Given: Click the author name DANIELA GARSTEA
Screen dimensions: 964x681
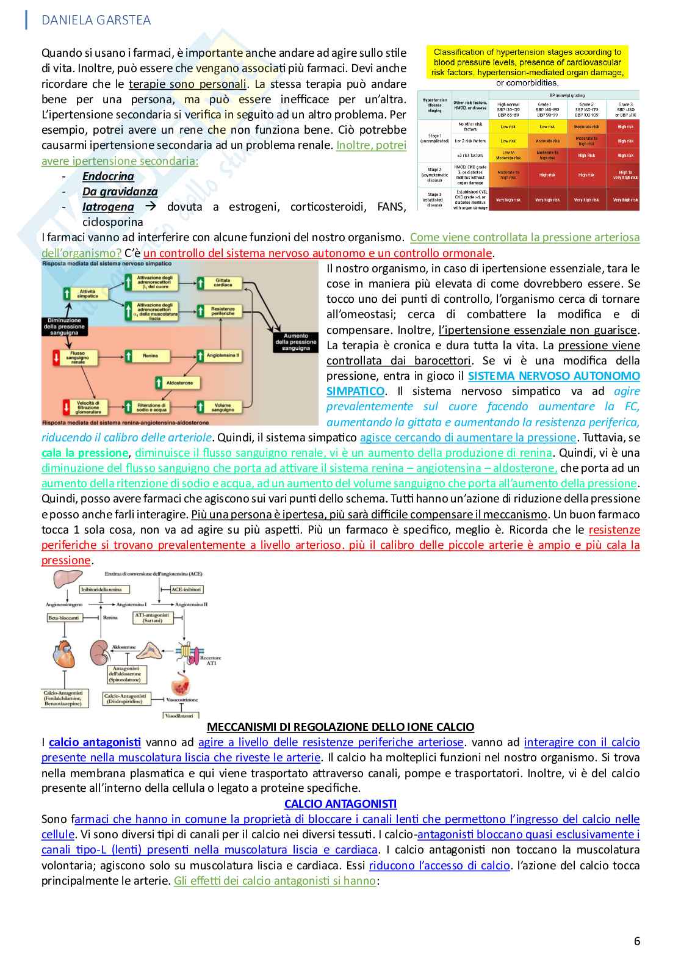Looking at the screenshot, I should (96, 20).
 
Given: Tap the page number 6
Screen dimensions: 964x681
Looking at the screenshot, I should (637, 941).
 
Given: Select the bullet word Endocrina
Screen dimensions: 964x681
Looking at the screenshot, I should (108, 176).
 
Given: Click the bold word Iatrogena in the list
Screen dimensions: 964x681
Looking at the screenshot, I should (108, 207).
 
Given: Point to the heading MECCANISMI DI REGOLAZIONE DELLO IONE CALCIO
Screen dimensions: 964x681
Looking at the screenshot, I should (340, 727).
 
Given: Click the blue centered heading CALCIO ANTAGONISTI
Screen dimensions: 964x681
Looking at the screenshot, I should (340, 803).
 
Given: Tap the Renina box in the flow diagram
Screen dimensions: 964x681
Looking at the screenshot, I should (150, 355).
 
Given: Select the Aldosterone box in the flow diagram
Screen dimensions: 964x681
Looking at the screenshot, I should (179, 383).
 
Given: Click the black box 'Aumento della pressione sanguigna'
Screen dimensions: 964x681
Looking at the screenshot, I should (296, 342).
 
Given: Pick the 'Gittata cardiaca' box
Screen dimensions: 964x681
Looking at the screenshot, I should (223, 283).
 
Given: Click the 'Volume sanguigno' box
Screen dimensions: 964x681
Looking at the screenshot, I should (223, 407).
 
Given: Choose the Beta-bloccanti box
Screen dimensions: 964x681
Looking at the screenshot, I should (64, 618).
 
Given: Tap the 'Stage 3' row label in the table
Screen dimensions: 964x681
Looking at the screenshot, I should (434, 200).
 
